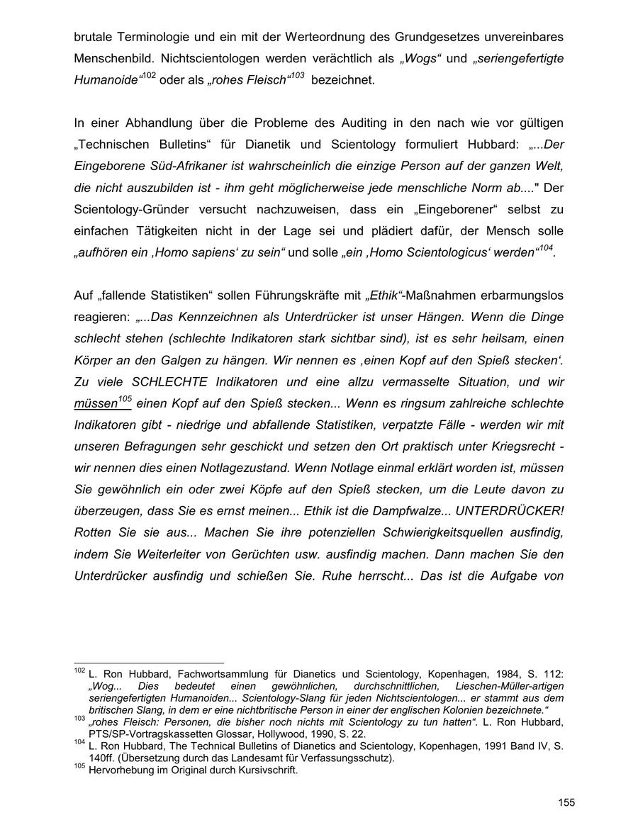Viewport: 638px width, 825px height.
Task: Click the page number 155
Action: coord(566,802)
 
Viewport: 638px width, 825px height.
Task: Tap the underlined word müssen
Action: coord(95,404)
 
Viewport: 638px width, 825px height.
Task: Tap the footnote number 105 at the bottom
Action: coord(79,766)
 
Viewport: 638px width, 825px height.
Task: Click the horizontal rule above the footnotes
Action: coord(148,663)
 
